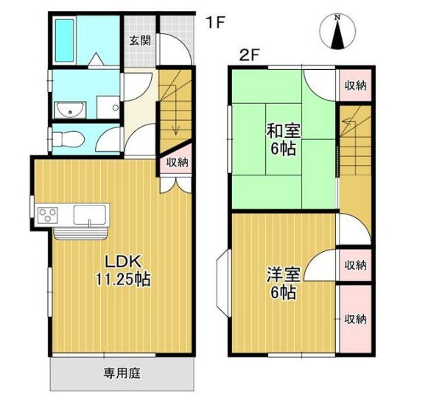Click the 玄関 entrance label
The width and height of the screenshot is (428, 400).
coord(141,41)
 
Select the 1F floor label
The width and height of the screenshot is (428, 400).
coord(214,22)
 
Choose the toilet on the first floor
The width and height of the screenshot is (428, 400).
coord(66,138)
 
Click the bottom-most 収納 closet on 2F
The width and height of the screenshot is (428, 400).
coord(354,318)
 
